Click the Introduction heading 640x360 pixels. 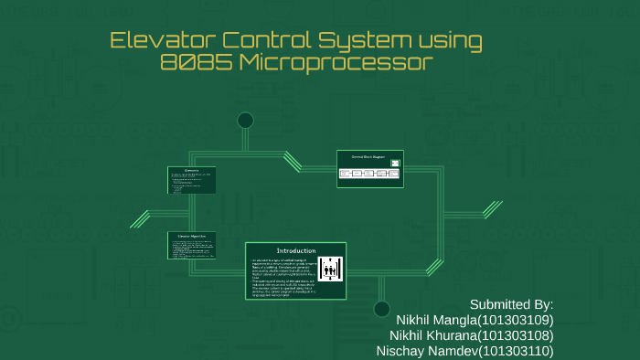point(296,250)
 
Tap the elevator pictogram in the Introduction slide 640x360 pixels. point(330,269)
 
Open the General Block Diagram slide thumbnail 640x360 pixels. point(370,168)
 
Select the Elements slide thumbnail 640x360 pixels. point(191,180)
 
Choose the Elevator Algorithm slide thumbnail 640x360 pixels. point(191,246)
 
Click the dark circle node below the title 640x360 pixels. point(245,121)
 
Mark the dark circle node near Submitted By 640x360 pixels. point(381,309)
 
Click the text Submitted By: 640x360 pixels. point(511,304)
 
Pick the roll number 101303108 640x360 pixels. point(518,335)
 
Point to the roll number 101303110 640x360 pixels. point(517,351)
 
